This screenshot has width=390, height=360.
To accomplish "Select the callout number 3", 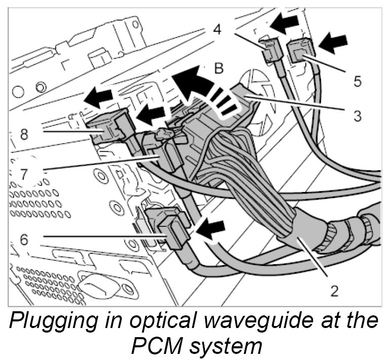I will [x=358, y=115].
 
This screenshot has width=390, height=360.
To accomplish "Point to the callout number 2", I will [x=334, y=291].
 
